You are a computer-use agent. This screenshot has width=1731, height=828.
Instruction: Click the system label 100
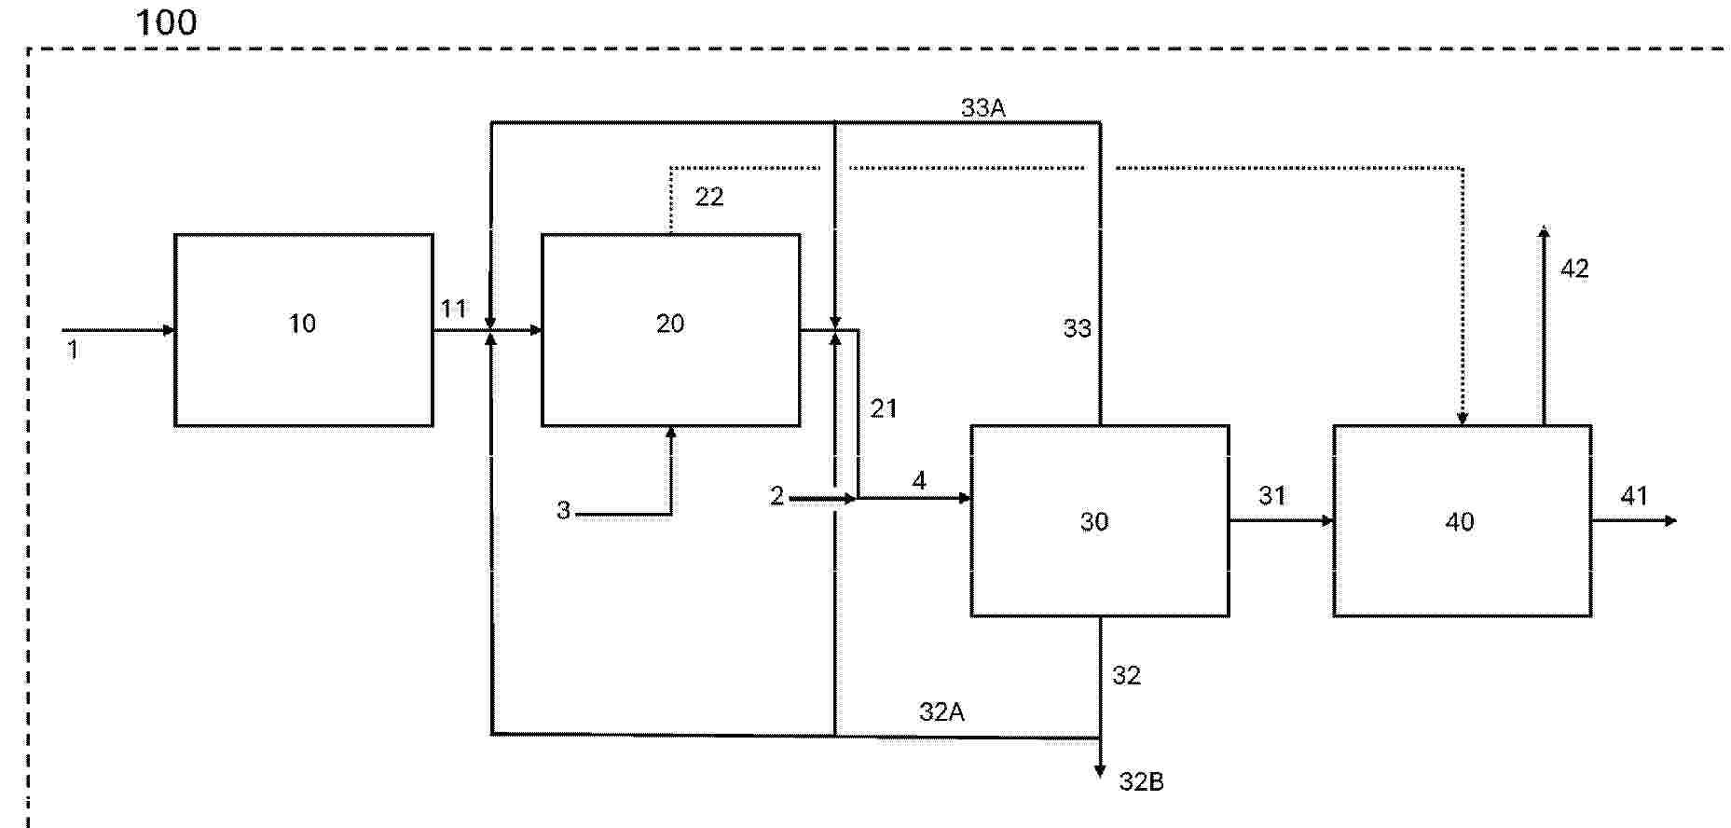(x=166, y=22)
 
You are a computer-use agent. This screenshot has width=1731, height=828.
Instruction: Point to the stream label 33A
(x=983, y=108)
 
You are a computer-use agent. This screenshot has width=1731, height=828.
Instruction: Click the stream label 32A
(x=941, y=712)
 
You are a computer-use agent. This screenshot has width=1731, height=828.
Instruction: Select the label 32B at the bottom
(x=1141, y=781)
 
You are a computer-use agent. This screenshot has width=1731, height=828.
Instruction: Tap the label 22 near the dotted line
(x=709, y=197)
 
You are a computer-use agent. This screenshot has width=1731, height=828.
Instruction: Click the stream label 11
(x=453, y=309)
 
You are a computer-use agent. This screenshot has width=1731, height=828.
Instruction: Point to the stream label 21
(x=884, y=408)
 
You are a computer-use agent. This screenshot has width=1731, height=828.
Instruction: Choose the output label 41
(x=1634, y=496)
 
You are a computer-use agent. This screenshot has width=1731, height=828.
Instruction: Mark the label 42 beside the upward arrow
(x=1574, y=269)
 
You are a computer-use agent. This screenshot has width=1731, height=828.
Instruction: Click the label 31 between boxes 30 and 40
(x=1272, y=496)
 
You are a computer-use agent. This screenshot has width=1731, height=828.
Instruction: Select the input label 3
(x=563, y=511)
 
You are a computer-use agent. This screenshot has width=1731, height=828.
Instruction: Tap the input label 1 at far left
(x=73, y=351)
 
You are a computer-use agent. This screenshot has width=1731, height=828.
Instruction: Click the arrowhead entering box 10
(x=169, y=330)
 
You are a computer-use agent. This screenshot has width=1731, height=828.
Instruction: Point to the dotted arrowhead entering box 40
(x=1463, y=419)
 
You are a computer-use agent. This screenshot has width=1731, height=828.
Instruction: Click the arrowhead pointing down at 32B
(x=1100, y=771)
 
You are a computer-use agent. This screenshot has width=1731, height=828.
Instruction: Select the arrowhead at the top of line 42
(x=1544, y=232)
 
